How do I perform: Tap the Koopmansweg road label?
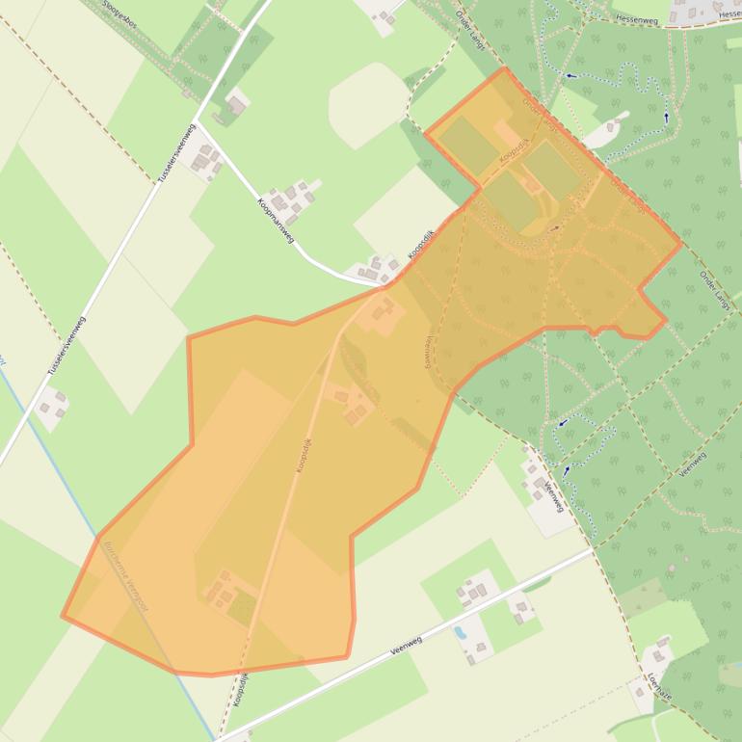[x=276, y=221]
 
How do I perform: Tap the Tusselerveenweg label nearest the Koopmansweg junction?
[x=180, y=155]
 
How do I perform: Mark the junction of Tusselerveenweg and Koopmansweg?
[x=198, y=122]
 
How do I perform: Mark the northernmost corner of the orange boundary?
[x=503, y=68]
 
